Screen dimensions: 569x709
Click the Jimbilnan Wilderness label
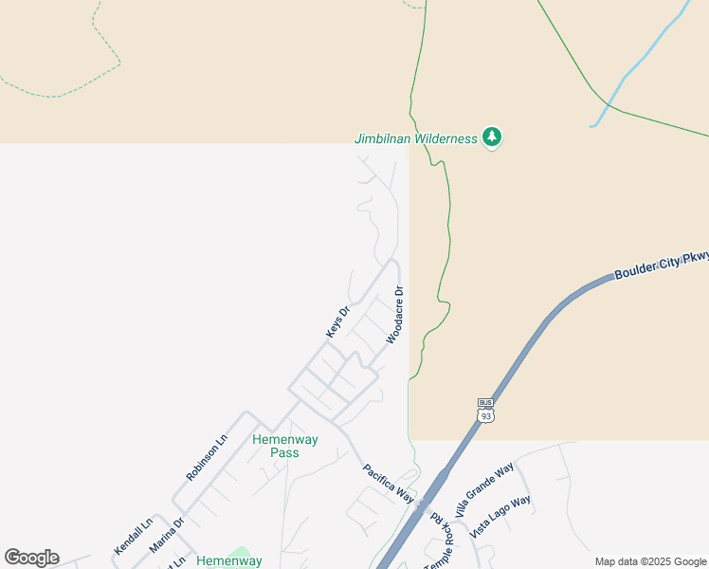416,138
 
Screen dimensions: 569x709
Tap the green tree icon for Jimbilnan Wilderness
492,138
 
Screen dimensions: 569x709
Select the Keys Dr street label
337,321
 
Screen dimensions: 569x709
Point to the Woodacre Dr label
395,315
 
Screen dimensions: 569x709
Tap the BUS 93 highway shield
486,410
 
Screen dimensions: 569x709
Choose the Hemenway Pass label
284,446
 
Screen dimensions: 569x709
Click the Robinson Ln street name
207,457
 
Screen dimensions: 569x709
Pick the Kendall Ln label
133,537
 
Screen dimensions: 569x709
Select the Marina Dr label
167,535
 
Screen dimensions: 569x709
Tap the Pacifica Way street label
390,483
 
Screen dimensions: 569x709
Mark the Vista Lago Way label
501,518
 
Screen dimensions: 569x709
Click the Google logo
31,558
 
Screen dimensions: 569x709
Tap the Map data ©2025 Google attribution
651,561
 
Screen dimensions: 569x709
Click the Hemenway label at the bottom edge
228,561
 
